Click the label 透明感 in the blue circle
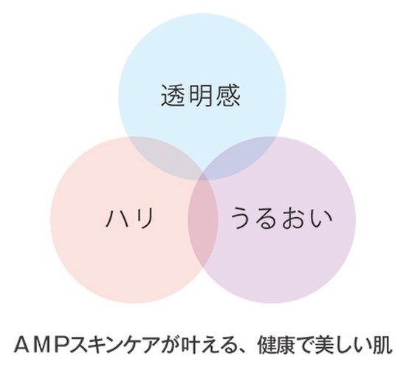click(200, 95)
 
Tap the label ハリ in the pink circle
click(129, 218)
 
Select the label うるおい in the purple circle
click(281, 218)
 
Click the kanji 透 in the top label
click(173, 95)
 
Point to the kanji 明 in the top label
click(201, 95)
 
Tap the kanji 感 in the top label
click(228, 95)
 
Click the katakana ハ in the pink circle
click(116, 219)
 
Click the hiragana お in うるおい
click(294, 218)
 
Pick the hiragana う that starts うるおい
click(242, 218)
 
